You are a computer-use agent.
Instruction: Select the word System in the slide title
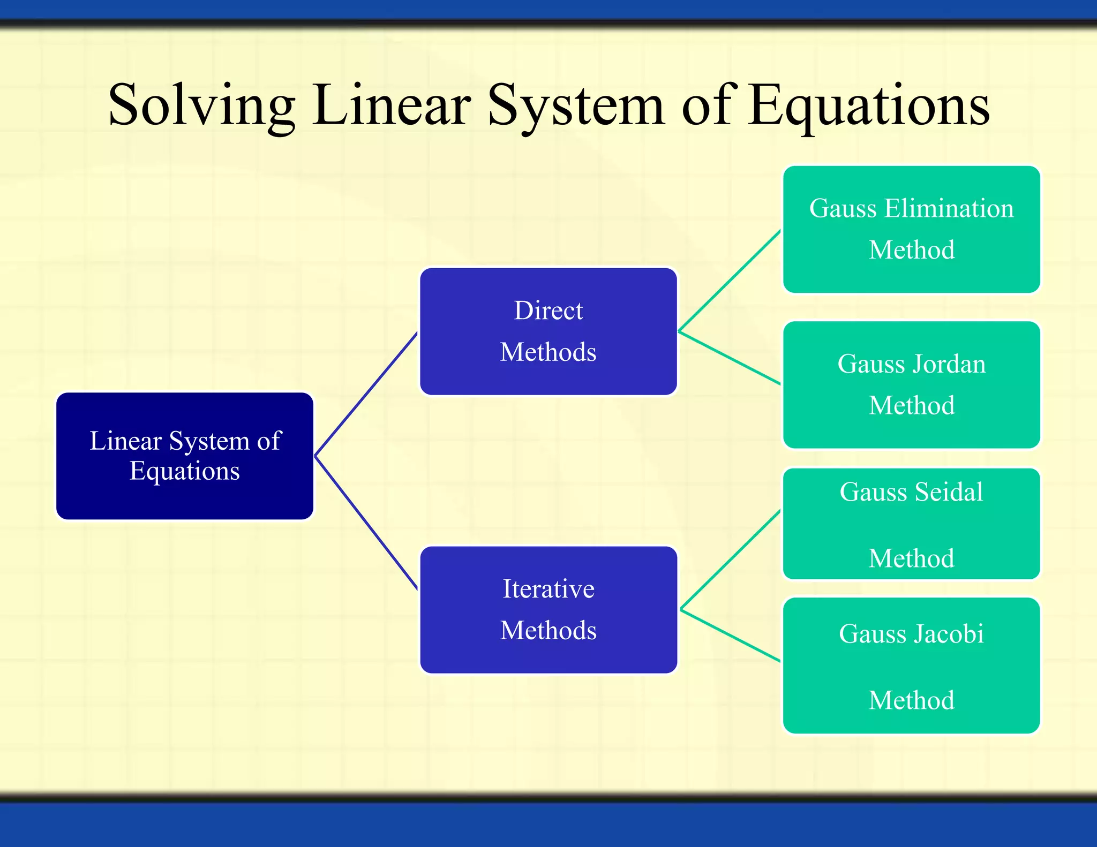point(576,106)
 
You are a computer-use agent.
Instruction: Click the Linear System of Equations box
point(185,456)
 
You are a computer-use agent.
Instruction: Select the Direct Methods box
point(548,331)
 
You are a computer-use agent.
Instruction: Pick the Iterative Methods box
point(548,610)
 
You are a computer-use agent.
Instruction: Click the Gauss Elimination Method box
point(911,229)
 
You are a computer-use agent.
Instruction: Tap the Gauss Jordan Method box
point(911,384)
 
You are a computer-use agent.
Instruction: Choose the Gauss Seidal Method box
point(911,524)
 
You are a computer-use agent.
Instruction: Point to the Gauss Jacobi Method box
point(911,666)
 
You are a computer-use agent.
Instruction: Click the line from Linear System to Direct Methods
point(366,394)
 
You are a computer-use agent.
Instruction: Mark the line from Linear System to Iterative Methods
point(366,523)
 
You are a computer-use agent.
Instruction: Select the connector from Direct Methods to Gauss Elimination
point(729,281)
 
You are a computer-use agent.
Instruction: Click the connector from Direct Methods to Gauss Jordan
point(729,358)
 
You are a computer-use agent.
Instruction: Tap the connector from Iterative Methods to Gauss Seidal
point(730,560)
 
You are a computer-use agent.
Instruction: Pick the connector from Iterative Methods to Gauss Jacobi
point(730,636)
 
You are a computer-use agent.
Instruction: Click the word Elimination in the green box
point(949,208)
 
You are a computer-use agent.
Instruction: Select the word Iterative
point(548,589)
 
